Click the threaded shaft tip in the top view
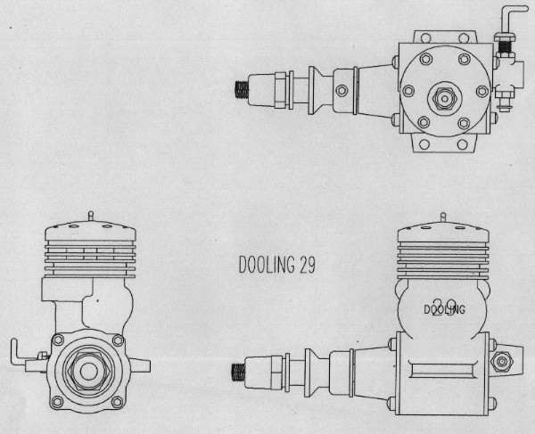[x=241, y=88]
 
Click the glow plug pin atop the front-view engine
[x=91, y=216]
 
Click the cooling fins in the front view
[x=90, y=256]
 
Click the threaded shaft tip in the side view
[x=239, y=367]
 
